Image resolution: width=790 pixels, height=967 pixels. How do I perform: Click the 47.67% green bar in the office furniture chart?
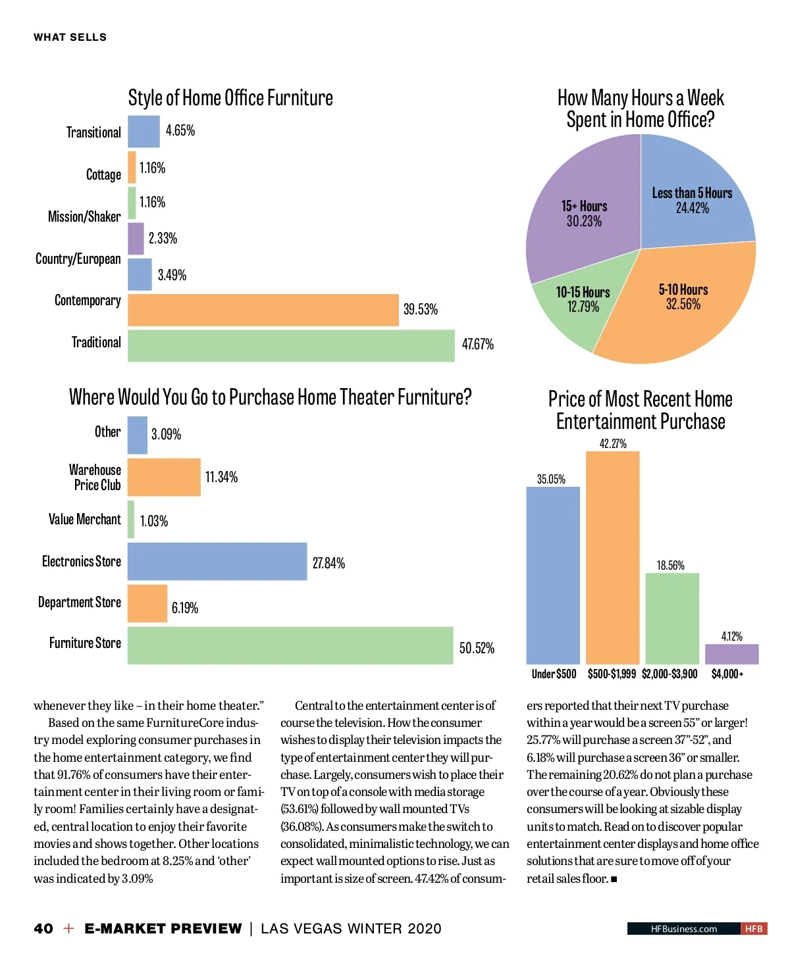click(x=290, y=345)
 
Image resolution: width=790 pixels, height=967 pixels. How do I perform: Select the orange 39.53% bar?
click(x=263, y=310)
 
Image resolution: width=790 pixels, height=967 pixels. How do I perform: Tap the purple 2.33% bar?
click(x=136, y=238)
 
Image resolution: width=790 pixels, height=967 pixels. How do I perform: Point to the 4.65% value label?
click(x=180, y=130)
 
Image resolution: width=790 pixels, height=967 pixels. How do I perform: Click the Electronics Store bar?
click(x=217, y=561)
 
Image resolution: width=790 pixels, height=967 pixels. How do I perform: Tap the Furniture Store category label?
click(x=85, y=643)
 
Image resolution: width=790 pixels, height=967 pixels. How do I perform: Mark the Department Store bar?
click(x=147, y=603)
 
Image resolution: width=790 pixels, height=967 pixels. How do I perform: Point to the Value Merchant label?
click(x=84, y=519)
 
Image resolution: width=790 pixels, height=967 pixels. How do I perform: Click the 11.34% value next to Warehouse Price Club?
click(x=221, y=477)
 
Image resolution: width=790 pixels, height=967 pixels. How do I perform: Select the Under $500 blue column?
click(x=553, y=575)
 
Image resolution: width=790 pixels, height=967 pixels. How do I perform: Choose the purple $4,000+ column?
click(x=731, y=654)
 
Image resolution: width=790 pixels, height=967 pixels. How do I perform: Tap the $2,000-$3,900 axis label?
click(x=669, y=674)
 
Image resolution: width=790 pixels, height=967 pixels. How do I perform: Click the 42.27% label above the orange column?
click(x=612, y=443)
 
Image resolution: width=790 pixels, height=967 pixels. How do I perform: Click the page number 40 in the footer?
click(x=43, y=928)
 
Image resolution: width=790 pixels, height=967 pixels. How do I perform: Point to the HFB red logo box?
click(x=754, y=929)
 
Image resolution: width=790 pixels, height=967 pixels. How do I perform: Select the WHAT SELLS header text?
click(x=70, y=37)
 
